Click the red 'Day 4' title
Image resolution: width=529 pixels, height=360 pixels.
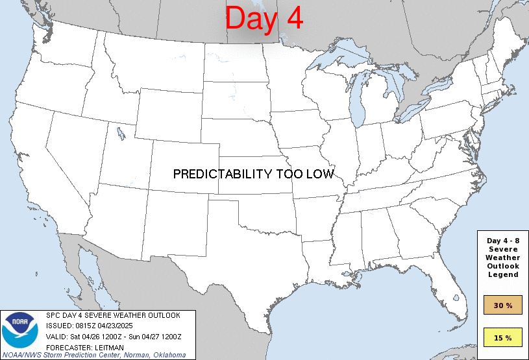point(264,19)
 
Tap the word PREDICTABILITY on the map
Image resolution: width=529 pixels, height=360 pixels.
point(221,174)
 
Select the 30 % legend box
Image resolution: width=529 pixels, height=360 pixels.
point(503,304)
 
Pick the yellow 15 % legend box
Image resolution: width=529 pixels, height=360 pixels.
point(503,337)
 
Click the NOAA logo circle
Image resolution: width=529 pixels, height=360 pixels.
point(20,330)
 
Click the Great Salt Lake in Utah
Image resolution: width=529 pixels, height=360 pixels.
point(121,135)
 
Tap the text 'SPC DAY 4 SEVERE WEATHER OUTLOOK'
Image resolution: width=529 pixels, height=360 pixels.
point(113,315)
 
